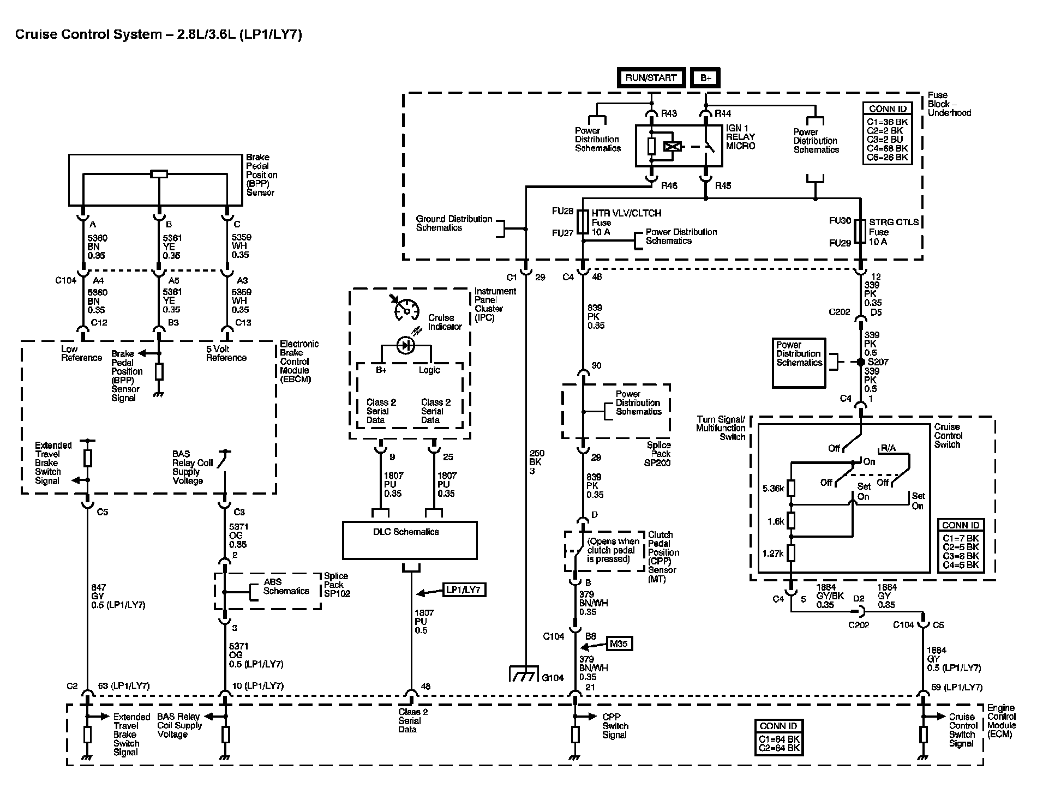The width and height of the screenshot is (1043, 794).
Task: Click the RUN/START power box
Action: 651,78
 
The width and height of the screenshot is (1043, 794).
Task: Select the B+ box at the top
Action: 706,78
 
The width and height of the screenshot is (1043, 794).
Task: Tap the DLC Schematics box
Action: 410,540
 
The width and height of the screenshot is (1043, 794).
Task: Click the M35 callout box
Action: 619,644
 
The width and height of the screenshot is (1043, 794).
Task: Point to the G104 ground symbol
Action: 524,674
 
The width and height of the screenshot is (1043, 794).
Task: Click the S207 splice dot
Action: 861,362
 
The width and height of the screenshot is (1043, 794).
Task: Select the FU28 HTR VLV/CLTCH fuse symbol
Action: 583,223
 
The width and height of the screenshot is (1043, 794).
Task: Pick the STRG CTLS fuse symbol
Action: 860,231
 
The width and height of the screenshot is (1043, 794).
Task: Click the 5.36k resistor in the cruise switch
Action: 791,488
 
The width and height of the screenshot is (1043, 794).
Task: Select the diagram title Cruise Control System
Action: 159,35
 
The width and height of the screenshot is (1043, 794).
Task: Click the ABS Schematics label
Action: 286,587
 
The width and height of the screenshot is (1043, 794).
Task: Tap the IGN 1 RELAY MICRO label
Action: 740,137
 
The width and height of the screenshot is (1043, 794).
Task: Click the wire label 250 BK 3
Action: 537,462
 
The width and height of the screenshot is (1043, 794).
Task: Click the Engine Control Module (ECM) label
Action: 1002,721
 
